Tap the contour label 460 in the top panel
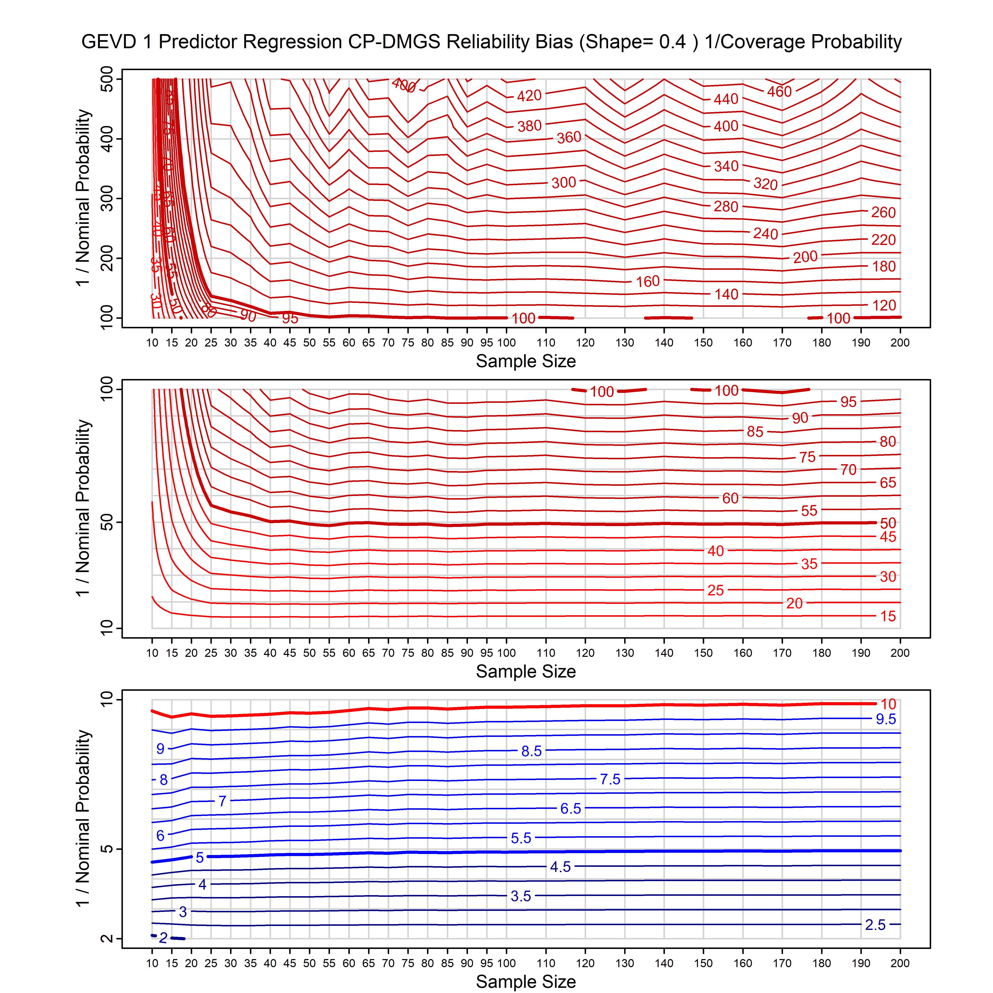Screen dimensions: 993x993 [779, 91]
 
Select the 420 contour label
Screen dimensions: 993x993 [529, 96]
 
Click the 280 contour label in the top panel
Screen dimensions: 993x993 [726, 207]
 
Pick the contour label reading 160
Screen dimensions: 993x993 [648, 282]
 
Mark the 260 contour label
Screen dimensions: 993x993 [883, 212]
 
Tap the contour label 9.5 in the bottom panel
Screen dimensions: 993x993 [886, 719]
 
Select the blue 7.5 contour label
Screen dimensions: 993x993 [610, 779]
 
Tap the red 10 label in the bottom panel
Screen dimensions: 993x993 [888, 704]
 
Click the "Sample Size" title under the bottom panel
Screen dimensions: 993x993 [526, 981]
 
